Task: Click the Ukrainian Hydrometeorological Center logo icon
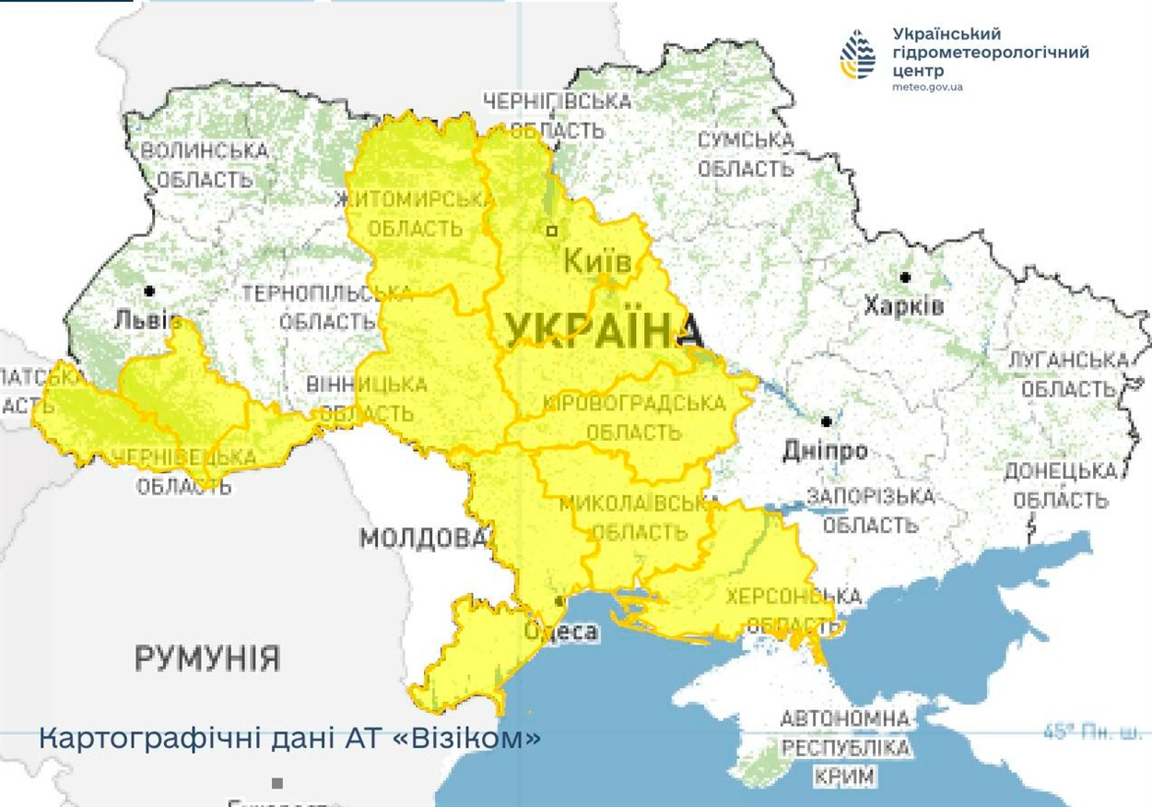[x=858, y=54]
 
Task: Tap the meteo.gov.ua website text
[x=927, y=87]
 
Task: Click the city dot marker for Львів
[x=149, y=291]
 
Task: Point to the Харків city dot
[x=905, y=277]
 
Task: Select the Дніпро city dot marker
[x=827, y=421]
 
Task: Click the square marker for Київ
[x=552, y=231]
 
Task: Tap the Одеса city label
[x=561, y=633]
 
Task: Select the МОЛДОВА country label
[x=423, y=538]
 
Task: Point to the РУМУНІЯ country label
[x=207, y=659]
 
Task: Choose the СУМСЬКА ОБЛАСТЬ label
[x=745, y=155]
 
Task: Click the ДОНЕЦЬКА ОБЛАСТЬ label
[x=1060, y=485]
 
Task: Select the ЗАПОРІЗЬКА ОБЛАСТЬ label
[x=870, y=511]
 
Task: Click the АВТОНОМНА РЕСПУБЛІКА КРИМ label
[x=845, y=747]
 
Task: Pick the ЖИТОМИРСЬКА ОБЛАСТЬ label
[x=415, y=213]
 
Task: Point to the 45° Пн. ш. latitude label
[x=1091, y=733]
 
